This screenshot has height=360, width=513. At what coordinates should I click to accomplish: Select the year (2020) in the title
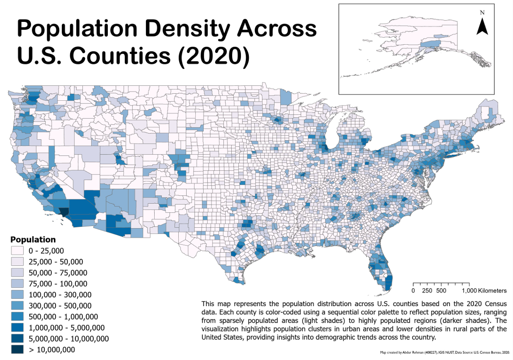click(x=214, y=56)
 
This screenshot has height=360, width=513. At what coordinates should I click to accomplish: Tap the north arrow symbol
click(x=482, y=27)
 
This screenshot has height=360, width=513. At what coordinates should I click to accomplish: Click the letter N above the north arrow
click(x=482, y=12)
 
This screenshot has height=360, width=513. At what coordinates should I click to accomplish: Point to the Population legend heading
click(x=33, y=240)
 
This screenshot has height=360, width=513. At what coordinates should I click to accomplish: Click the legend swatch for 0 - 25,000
click(x=18, y=251)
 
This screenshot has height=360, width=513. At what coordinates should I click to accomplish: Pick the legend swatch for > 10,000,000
click(x=18, y=349)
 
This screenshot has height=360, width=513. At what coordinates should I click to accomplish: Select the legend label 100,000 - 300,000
click(x=60, y=295)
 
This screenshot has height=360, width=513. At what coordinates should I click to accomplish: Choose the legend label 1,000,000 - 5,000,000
click(x=67, y=328)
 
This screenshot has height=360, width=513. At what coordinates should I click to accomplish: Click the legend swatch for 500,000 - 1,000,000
click(x=18, y=317)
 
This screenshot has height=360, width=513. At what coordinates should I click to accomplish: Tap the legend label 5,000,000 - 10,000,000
click(x=69, y=339)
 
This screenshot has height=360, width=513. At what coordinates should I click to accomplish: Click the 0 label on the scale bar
click(x=413, y=291)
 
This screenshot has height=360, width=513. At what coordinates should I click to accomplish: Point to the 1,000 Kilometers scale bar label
click(x=484, y=291)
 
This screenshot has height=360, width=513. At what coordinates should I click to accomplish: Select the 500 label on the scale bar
click(x=441, y=291)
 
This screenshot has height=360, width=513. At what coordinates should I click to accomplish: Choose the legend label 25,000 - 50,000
click(x=56, y=261)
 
